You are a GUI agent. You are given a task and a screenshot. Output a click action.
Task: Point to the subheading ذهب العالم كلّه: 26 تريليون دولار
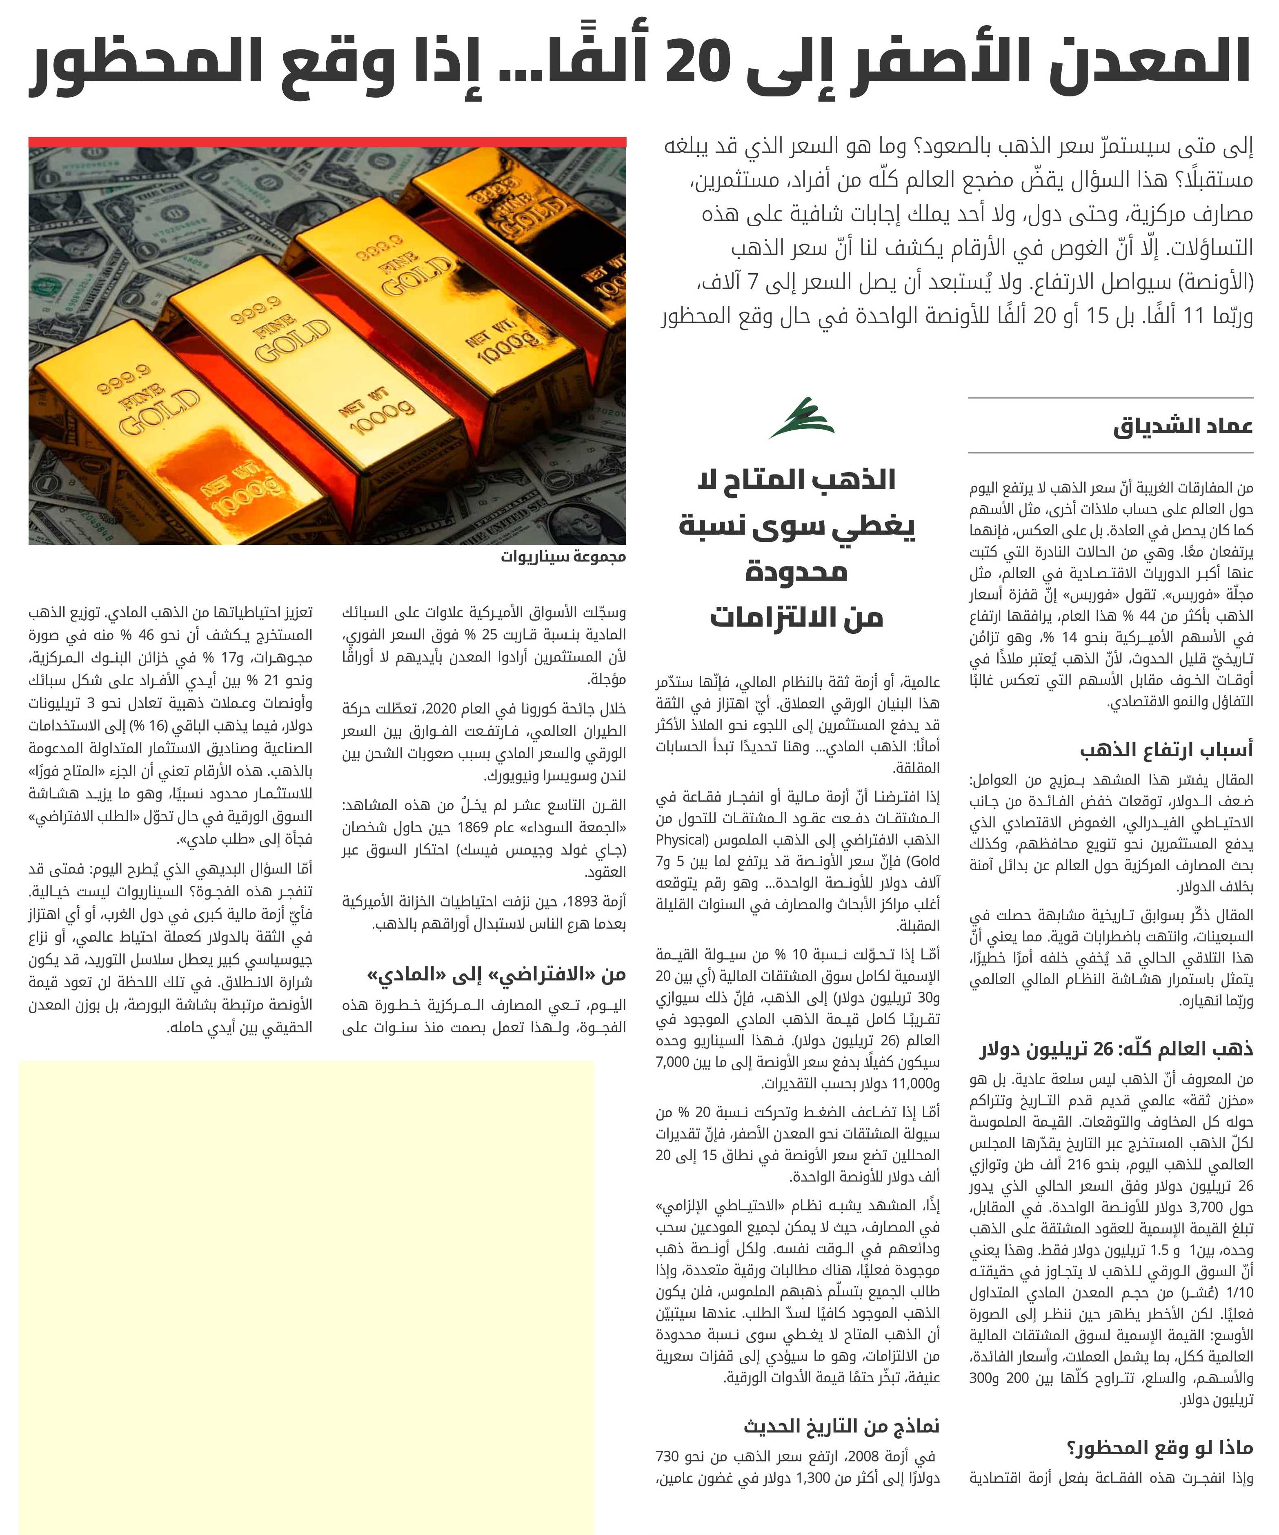coord(1116,1049)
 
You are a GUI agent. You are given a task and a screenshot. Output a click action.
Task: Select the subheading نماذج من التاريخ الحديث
coord(841,1425)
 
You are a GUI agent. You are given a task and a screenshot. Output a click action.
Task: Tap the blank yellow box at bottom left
coord(307,1294)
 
